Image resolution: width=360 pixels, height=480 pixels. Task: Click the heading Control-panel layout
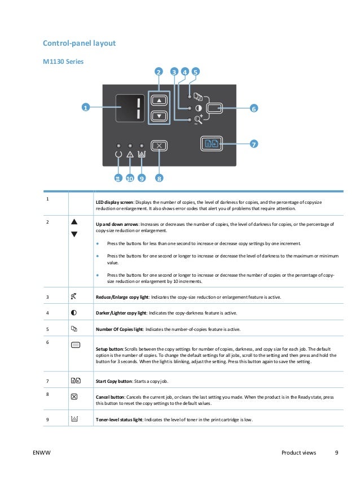coord(80,43)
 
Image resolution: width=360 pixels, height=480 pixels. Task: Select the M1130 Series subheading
coord(64,61)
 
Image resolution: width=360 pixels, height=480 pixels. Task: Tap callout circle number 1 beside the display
coord(86,108)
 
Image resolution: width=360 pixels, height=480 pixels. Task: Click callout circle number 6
coord(253,108)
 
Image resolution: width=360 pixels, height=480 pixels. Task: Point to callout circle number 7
coord(253,144)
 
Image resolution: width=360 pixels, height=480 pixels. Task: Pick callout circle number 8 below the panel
coord(159,179)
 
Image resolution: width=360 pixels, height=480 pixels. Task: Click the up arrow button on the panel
coord(160,100)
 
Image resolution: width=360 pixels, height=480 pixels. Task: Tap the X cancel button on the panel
coord(159,145)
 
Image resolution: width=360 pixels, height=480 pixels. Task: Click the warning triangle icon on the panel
coord(130,154)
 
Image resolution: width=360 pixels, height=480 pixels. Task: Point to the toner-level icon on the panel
coord(141,154)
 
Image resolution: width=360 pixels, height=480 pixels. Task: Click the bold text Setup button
coord(111,348)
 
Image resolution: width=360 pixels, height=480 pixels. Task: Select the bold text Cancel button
coord(112,397)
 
